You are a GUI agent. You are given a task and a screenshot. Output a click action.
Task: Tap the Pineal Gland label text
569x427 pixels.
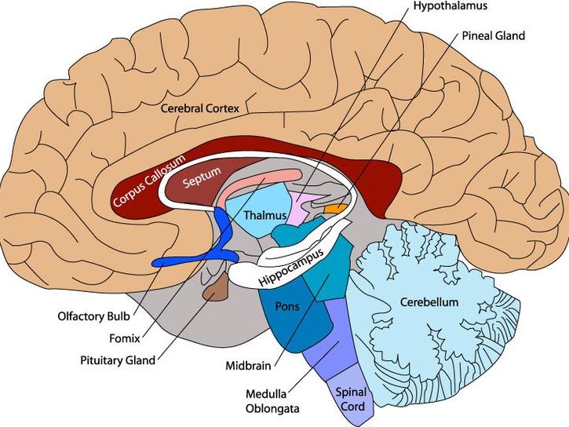[494, 36]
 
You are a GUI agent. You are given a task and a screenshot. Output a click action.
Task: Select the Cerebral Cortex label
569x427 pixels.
[199, 107]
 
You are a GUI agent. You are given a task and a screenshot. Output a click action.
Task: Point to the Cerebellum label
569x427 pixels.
[429, 302]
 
